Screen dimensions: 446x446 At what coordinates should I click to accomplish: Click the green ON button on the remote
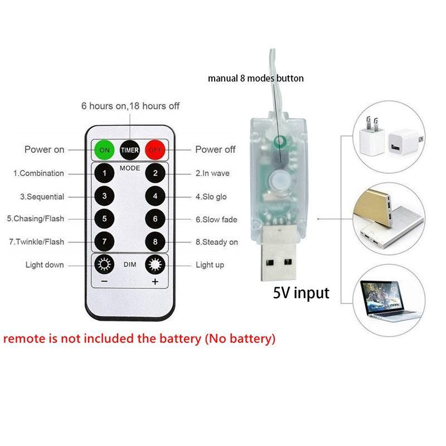coord(104,149)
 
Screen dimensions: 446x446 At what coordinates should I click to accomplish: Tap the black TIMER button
coord(130,149)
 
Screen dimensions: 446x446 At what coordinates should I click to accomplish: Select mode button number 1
coord(104,173)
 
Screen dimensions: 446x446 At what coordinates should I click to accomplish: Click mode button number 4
coord(155,196)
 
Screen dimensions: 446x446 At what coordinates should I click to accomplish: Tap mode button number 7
coord(104,241)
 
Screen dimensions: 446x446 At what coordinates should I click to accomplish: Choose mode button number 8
coord(155,241)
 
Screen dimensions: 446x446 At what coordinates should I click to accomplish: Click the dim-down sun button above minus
coord(104,265)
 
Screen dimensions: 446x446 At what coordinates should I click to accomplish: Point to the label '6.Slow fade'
coord(216,220)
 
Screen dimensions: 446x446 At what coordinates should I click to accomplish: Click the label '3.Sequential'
coord(42,197)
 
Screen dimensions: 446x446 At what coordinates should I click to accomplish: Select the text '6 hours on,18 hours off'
coord(130,106)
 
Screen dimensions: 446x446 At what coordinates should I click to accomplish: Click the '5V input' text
coord(300,292)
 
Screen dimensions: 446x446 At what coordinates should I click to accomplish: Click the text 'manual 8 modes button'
coord(256,79)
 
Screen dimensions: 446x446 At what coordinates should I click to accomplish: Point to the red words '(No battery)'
coord(239,338)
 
